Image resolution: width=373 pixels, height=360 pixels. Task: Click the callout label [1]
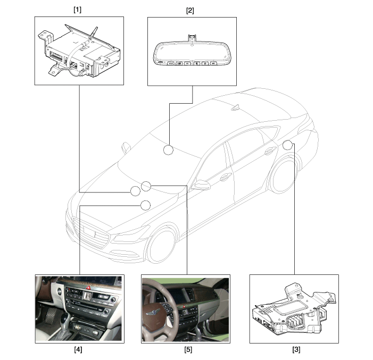(77, 10)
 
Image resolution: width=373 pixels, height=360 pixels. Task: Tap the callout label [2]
(190, 11)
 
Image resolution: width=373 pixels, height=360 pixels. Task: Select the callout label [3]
(296, 349)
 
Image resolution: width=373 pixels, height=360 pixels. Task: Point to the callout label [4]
(78, 349)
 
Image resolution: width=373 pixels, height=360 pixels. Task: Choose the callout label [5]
(188, 349)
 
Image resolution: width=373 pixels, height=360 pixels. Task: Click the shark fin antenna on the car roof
(236, 107)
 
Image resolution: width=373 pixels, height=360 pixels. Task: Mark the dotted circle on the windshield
(168, 150)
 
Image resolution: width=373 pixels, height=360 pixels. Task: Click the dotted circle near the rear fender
(287, 145)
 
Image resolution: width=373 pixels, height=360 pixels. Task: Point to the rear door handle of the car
(270, 150)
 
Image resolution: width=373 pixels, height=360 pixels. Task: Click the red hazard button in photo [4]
(88, 288)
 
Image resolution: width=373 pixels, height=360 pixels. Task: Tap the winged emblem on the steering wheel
(153, 311)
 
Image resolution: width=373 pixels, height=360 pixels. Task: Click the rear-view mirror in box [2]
(192, 53)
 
